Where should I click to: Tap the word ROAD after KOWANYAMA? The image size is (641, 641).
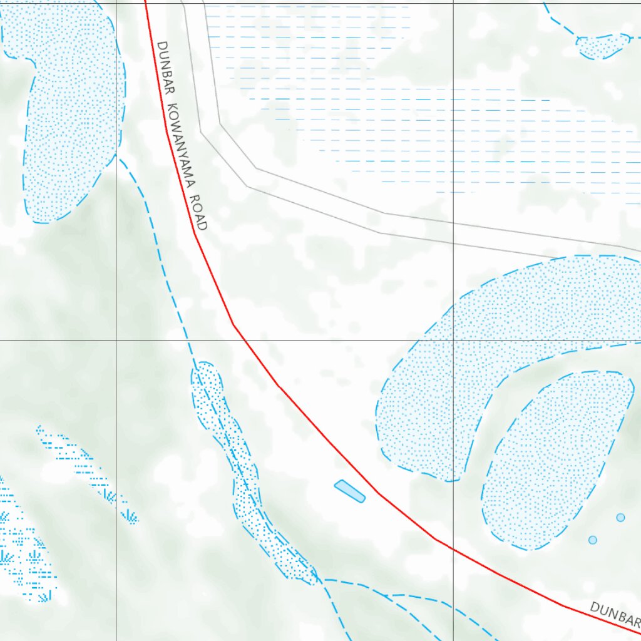[200, 213]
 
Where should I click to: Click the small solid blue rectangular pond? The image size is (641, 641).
[350, 491]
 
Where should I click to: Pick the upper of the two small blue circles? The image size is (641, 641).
[620, 517]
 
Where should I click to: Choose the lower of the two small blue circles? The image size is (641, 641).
[593, 540]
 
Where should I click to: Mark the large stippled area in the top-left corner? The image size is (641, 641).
[66, 113]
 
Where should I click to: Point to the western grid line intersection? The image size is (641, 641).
[116, 341]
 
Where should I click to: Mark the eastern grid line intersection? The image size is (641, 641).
[453, 341]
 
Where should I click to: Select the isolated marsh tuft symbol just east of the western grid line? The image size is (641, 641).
[130, 516]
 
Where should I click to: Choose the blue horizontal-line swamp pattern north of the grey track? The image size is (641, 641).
[438, 125]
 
